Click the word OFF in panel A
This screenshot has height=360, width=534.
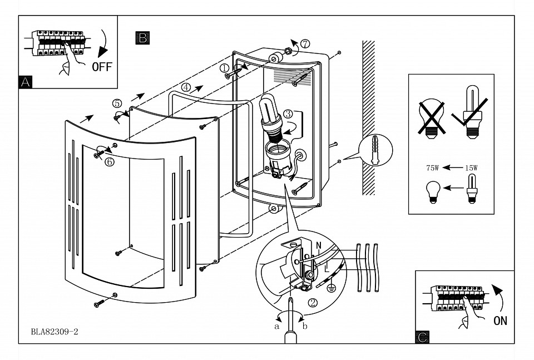pyautogui.click(x=102, y=67)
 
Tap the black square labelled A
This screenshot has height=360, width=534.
pyautogui.click(x=24, y=82)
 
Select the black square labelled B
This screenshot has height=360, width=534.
pyautogui.click(x=142, y=37)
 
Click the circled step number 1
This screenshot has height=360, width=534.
pyautogui.click(x=224, y=68)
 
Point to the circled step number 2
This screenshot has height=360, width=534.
pyautogui.click(x=313, y=303)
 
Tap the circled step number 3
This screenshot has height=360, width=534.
pyautogui.click(x=288, y=114)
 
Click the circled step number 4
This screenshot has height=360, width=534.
pyautogui.click(x=186, y=87)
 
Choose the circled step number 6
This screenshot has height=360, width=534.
pyautogui.click(x=109, y=161)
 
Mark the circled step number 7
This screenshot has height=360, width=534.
pyautogui.click(x=304, y=43)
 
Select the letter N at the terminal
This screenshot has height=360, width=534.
pyautogui.click(x=319, y=244)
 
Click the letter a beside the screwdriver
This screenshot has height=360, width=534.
pyautogui.click(x=277, y=327)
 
